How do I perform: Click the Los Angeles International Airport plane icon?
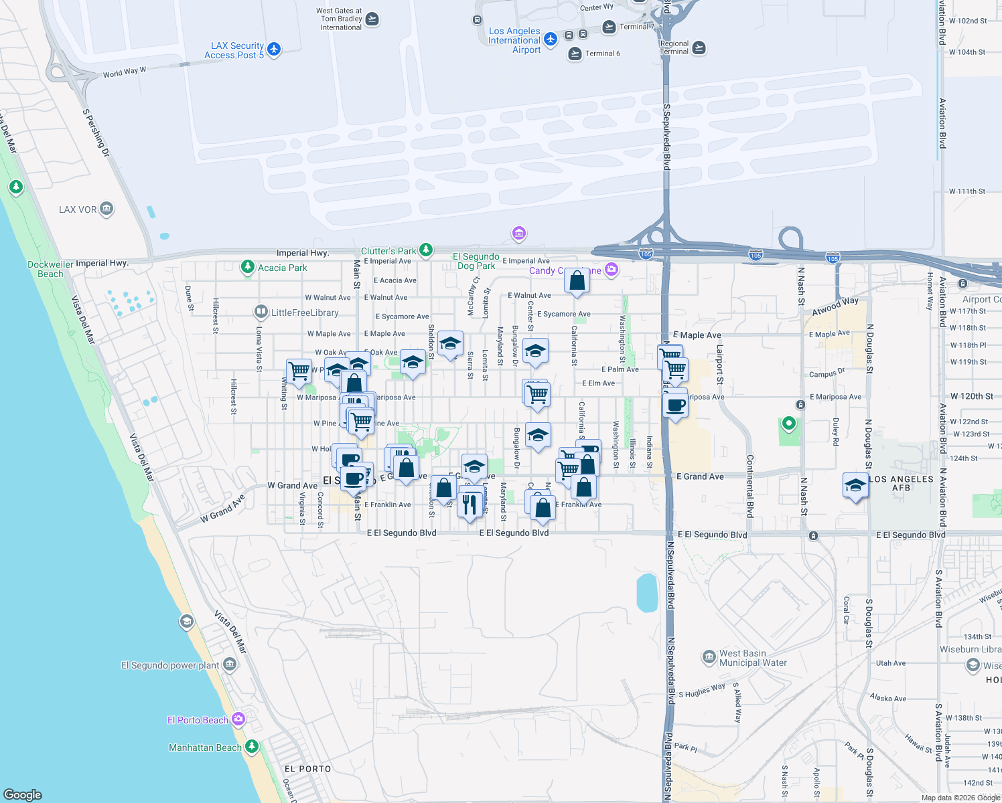pos(551,39)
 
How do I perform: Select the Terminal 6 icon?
pos(575,54)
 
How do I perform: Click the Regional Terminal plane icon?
pos(699,48)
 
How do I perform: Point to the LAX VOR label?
pos(78,209)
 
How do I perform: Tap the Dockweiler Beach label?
pos(50,269)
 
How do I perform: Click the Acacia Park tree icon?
pos(248,268)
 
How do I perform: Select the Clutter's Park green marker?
pos(425,250)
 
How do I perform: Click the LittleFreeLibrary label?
pos(305,313)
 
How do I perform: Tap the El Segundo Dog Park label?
pos(476,261)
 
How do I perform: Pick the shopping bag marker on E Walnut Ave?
pos(577,281)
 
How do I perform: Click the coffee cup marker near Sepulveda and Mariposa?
pos(676,405)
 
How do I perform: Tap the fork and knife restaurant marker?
pos(470,503)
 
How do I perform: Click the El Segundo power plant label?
pos(170,665)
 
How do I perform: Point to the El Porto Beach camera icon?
pos(238,719)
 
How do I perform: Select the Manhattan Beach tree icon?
pos(252,746)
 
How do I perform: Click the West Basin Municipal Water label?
pos(753,658)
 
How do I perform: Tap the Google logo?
pos(23,795)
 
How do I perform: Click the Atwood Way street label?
pos(835,306)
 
